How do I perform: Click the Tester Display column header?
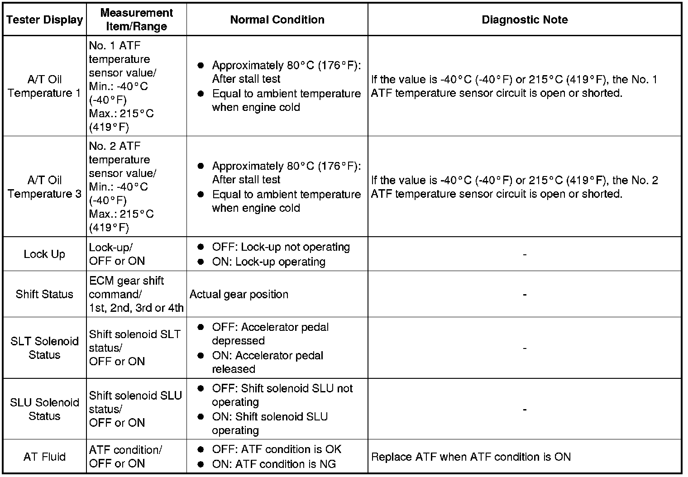coord(45,20)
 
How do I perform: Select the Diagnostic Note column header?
coord(525,20)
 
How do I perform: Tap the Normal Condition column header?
coord(277,20)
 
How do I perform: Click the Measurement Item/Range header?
coord(136,20)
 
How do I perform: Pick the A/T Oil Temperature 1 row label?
coord(44,86)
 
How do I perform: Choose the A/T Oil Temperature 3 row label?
coord(44,187)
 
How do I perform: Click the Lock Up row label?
coord(44,254)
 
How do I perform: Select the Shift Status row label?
coord(44,294)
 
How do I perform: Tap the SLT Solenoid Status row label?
coord(44,348)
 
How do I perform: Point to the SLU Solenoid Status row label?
coord(44,409)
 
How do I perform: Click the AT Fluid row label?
coord(44,457)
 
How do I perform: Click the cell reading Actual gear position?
coord(239,294)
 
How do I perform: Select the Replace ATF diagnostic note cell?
coord(471,457)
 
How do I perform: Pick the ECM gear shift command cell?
coord(136,294)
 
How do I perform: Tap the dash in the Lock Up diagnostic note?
coord(525,255)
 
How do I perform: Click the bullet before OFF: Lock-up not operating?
coord(201,247)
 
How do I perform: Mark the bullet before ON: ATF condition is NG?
coord(201,464)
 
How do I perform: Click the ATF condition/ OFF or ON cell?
coord(125,457)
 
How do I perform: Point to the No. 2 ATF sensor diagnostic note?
coord(514,187)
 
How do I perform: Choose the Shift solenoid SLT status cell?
coord(134,348)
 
